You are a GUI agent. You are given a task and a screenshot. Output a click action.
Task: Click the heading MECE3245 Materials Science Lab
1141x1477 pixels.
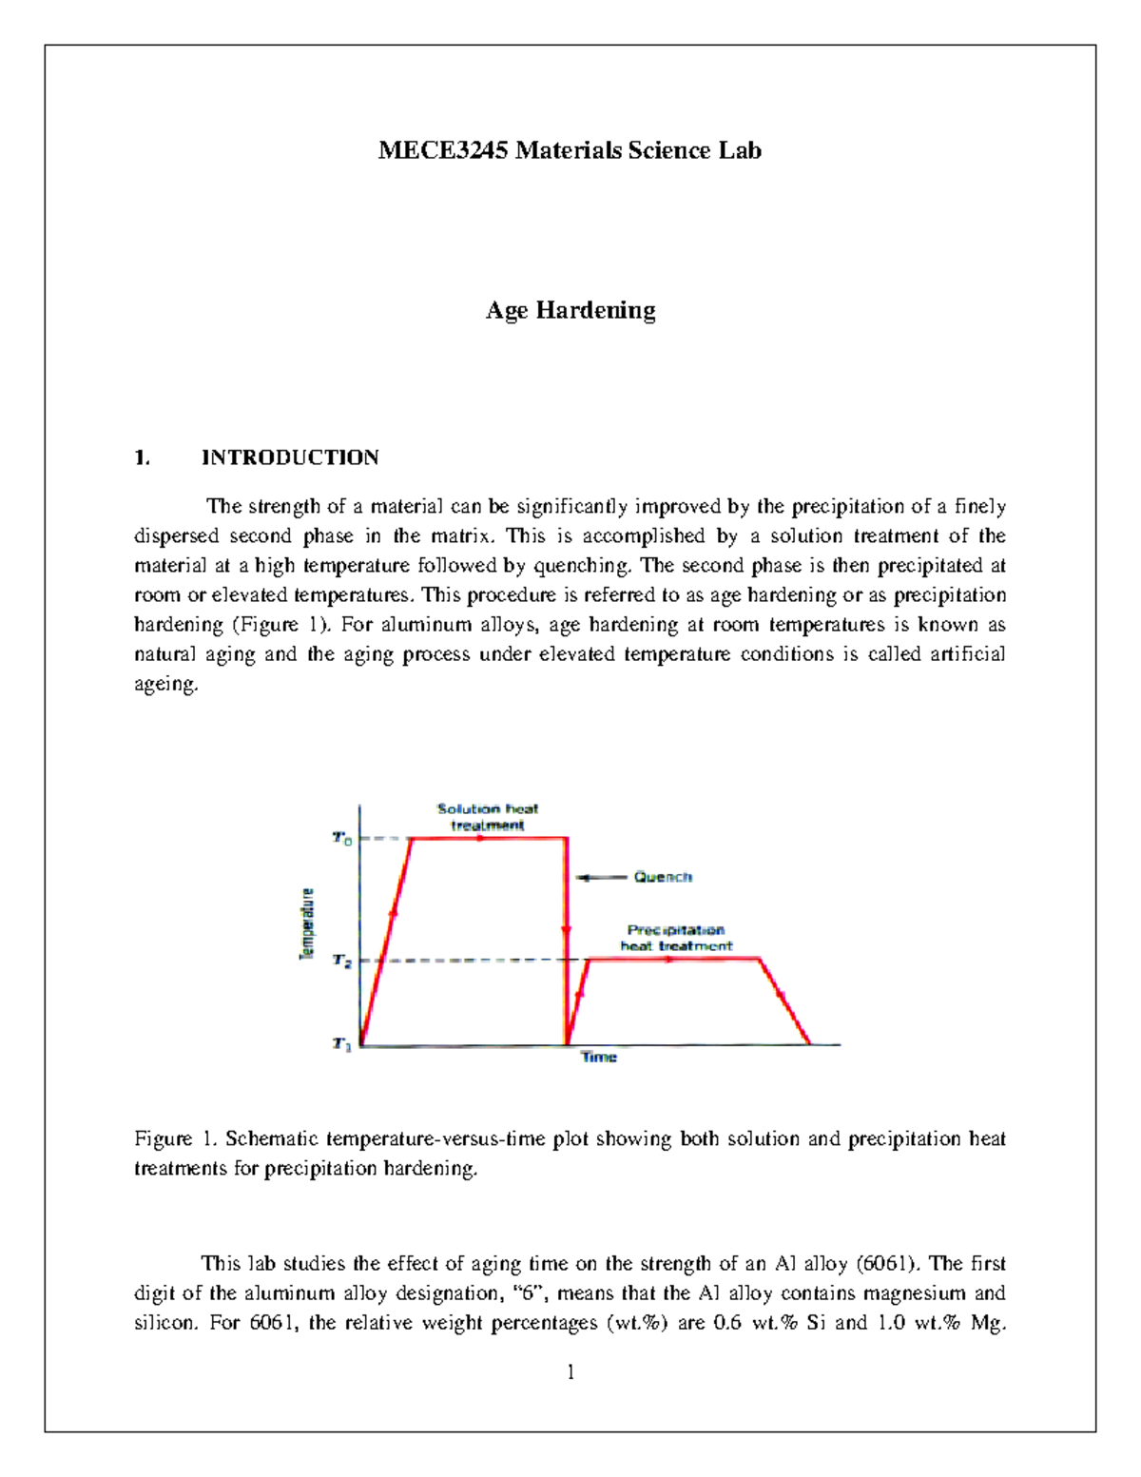tap(570, 150)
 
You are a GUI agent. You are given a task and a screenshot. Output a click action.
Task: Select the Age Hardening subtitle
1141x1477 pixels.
tap(570, 310)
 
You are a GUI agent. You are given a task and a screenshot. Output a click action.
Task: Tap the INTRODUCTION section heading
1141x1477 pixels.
tap(290, 457)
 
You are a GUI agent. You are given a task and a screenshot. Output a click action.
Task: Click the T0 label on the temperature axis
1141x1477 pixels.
tap(341, 839)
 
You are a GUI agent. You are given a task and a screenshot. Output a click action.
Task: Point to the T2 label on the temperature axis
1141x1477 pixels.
tap(341, 961)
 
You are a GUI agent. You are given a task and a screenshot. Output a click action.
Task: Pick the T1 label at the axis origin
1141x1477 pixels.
tap(341, 1044)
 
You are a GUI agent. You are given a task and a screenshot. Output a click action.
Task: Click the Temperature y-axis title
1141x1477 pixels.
tap(307, 924)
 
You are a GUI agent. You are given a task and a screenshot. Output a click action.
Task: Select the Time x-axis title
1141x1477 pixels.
tap(599, 1058)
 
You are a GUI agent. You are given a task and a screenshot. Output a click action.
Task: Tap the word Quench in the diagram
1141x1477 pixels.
tap(663, 877)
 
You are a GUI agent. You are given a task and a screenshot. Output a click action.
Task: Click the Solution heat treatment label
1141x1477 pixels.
tap(488, 817)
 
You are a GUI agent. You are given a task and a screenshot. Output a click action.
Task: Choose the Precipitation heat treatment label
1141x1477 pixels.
tap(676, 938)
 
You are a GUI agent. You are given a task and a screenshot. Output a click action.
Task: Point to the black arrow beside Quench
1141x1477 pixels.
tap(603, 877)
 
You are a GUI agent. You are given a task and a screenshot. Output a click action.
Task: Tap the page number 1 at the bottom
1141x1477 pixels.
tap(570, 1371)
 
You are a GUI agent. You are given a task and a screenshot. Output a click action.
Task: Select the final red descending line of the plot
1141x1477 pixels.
tap(784, 1001)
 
